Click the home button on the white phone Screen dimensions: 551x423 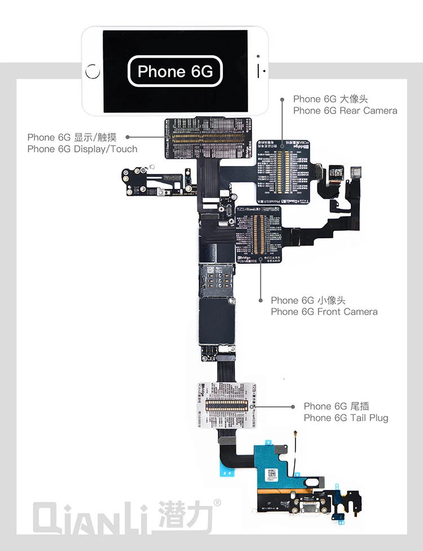[x=92, y=72]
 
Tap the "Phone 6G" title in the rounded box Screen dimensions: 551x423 [x=175, y=71]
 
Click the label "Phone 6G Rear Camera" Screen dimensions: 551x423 [x=345, y=111]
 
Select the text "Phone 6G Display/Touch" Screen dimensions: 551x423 [x=82, y=149]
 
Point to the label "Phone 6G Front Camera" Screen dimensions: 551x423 [x=324, y=312]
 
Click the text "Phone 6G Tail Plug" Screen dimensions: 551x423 [x=345, y=418]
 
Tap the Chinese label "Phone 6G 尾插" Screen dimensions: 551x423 [x=336, y=406]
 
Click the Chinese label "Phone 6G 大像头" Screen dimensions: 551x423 [x=330, y=99]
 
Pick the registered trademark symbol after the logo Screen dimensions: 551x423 [x=217, y=502]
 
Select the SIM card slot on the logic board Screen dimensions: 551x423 [x=216, y=280]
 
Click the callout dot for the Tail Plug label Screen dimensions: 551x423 [x=292, y=406]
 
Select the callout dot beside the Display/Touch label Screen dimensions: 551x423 [x=127, y=137]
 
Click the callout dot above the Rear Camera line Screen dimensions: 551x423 [x=283, y=99]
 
